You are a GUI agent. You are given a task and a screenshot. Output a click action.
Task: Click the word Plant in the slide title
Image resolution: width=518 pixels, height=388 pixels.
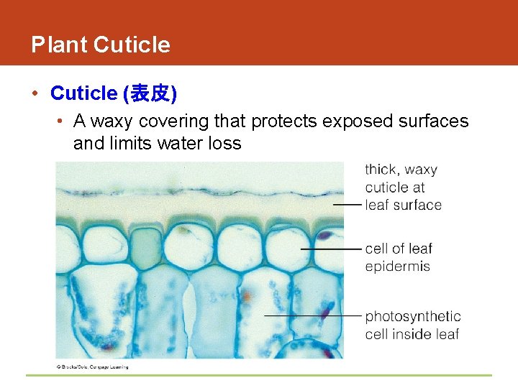click(x=59, y=45)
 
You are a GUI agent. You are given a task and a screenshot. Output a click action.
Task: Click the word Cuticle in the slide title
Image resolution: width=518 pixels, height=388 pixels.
click(x=132, y=45)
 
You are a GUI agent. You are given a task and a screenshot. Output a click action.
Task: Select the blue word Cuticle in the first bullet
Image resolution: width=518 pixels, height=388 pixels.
click(x=83, y=93)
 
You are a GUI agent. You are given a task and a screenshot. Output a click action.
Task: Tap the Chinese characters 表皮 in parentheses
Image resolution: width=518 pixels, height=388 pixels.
click(x=150, y=93)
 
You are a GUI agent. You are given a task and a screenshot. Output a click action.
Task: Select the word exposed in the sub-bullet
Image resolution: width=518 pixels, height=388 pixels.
click(x=355, y=121)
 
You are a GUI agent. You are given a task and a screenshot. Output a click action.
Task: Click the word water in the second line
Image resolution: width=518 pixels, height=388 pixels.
click(x=180, y=144)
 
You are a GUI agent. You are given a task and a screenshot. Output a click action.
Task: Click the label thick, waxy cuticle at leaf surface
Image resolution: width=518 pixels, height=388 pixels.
click(x=402, y=188)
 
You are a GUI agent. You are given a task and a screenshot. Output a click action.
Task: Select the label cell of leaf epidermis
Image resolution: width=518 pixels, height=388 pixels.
click(x=399, y=257)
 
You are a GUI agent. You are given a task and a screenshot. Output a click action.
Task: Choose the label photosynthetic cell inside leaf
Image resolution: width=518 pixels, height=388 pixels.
click(x=412, y=325)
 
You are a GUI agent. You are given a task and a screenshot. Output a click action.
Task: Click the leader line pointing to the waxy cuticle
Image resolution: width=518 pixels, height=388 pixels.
click(x=347, y=205)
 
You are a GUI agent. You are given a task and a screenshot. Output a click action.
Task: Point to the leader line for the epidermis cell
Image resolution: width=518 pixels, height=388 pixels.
click(x=331, y=249)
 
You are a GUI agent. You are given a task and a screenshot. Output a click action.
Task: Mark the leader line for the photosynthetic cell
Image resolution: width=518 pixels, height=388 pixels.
click(x=313, y=315)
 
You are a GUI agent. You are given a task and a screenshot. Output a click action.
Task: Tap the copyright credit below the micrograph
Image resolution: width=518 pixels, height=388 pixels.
click(x=92, y=366)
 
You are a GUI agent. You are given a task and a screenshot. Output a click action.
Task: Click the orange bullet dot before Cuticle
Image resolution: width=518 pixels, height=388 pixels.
click(x=35, y=93)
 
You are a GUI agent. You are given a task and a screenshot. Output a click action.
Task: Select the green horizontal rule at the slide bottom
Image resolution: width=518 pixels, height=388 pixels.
click(x=259, y=375)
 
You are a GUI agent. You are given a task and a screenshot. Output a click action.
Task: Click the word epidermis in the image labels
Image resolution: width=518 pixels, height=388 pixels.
click(x=397, y=267)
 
